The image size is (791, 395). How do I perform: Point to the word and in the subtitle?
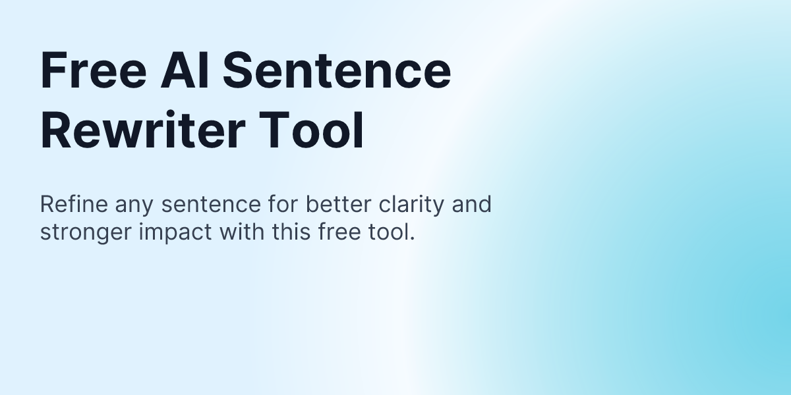(x=471, y=205)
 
